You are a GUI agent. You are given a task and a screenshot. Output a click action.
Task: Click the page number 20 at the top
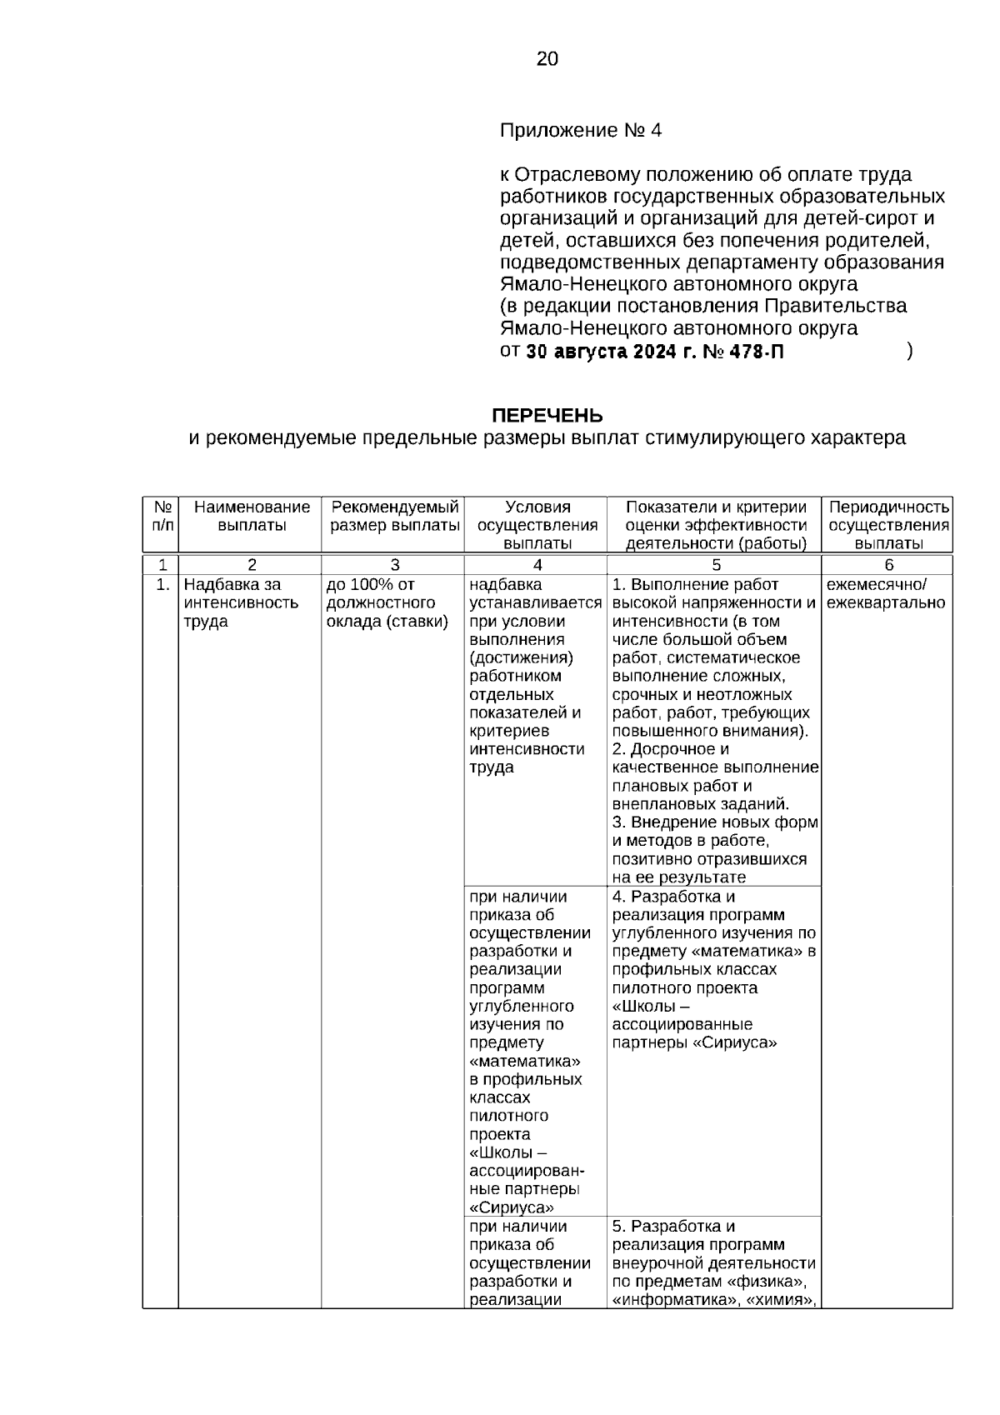[x=547, y=59]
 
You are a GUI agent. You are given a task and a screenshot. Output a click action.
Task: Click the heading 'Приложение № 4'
[x=580, y=131]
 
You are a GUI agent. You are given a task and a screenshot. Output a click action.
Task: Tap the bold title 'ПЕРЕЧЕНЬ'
[x=547, y=416]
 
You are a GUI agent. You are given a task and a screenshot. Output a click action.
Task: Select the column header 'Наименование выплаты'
[x=252, y=516]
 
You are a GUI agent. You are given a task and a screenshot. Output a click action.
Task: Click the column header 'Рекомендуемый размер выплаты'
[x=395, y=516]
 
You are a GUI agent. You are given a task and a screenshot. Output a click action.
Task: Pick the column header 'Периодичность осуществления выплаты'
[x=888, y=525]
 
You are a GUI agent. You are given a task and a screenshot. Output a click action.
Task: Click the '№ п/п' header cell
[x=162, y=516]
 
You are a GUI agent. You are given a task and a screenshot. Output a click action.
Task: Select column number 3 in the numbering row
[x=395, y=564]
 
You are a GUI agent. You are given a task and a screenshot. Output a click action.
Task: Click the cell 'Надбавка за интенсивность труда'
[x=241, y=603]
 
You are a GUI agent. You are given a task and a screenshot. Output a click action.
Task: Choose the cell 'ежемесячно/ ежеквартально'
[x=885, y=594]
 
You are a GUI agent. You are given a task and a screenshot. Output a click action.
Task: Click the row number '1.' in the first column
[x=163, y=585]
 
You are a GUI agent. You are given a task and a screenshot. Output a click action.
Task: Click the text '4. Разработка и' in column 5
[x=673, y=897]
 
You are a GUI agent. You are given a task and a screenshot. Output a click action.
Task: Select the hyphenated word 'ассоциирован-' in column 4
[x=532, y=1171]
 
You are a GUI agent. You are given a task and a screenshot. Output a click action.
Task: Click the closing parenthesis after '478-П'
[x=909, y=352]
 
